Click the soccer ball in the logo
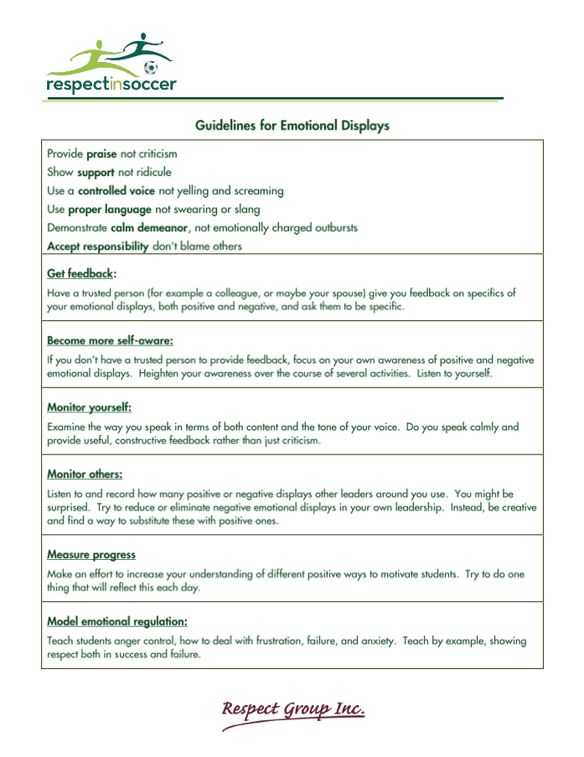tap(150, 67)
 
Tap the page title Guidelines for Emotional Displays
tap(292, 126)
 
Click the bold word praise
tap(101, 154)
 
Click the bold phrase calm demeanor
tap(149, 228)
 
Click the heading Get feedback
tap(80, 274)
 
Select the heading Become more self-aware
tap(110, 341)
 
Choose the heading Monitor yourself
tap(89, 408)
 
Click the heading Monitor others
tap(85, 474)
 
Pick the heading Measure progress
tap(91, 555)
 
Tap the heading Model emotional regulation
tap(116, 622)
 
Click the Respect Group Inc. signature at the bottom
tap(292, 711)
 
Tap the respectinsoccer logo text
tap(111, 85)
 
